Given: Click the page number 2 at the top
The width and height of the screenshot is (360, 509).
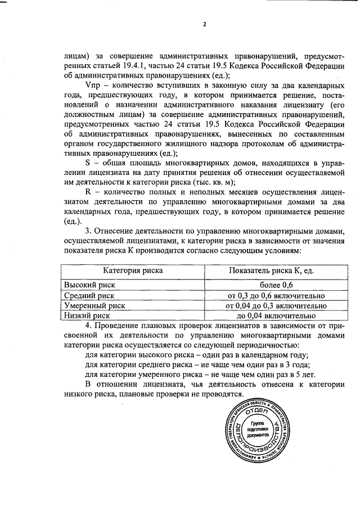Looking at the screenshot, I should coord(205,24).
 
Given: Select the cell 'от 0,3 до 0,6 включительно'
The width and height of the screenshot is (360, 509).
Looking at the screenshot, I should coord(272,295).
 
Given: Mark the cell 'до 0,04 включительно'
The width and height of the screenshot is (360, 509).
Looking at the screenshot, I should coord(272,316).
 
